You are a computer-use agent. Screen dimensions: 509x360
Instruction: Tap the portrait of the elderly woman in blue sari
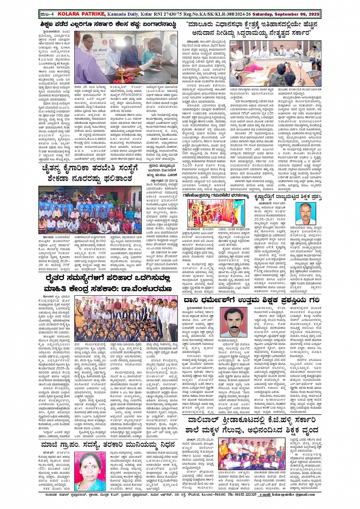tap(90, 471)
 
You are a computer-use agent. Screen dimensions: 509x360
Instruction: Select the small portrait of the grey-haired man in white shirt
tap(307, 214)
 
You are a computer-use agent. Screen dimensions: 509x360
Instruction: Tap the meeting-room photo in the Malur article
tap(275, 64)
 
